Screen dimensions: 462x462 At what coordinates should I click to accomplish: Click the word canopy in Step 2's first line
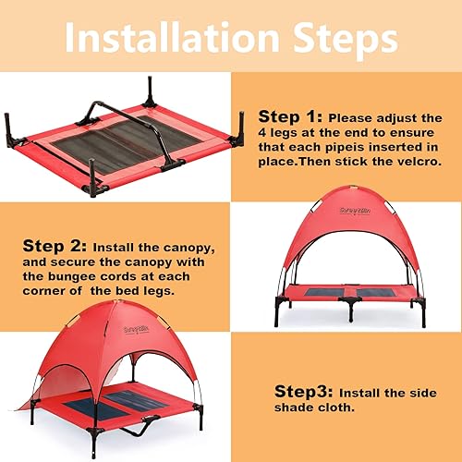click(208, 249)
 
